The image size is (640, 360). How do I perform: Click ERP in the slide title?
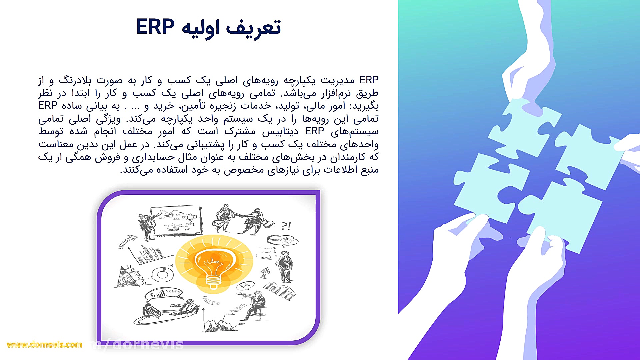(155, 27)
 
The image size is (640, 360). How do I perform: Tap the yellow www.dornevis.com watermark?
(44, 345)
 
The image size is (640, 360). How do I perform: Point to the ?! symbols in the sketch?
(286, 226)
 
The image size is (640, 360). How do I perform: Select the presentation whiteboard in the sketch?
(176, 220)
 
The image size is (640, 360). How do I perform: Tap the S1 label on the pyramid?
(129, 267)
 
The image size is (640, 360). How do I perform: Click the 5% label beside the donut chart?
(170, 266)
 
